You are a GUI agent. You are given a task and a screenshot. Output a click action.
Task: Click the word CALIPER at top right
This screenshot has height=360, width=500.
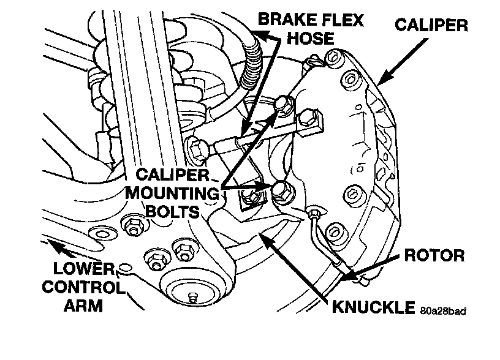tap(431, 25)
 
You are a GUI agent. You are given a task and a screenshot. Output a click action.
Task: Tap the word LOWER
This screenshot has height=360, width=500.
tap(78, 269)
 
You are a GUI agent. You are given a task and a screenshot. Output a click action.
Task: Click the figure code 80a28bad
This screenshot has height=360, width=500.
tap(443, 310)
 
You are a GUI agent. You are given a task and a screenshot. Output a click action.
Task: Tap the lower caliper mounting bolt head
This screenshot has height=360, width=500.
tap(281, 189)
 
